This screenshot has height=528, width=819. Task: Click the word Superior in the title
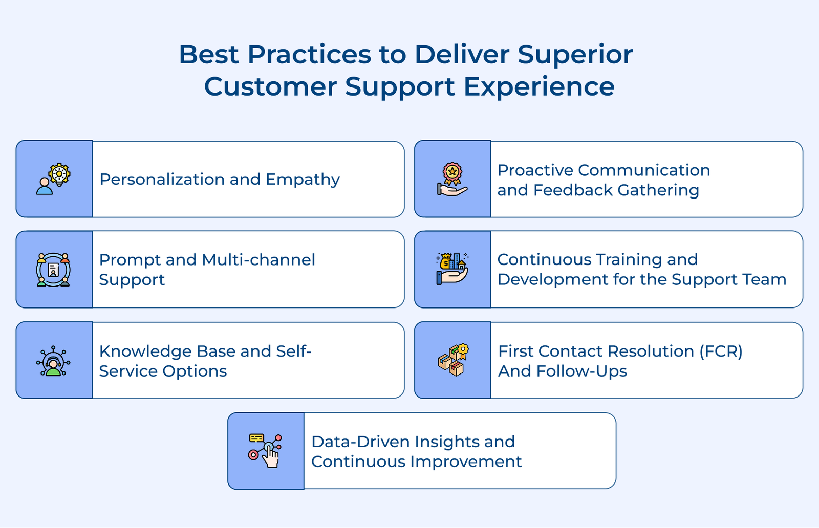point(575,54)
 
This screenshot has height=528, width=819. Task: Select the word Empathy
point(303,180)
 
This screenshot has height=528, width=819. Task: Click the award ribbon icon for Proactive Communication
point(452,179)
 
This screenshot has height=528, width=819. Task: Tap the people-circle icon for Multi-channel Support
point(53,270)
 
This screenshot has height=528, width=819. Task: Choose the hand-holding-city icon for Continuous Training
point(452,269)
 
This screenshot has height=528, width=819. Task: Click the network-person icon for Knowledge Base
point(53,361)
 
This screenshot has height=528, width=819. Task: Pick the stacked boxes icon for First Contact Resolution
point(452,360)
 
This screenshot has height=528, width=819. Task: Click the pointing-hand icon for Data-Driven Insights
point(266,451)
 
